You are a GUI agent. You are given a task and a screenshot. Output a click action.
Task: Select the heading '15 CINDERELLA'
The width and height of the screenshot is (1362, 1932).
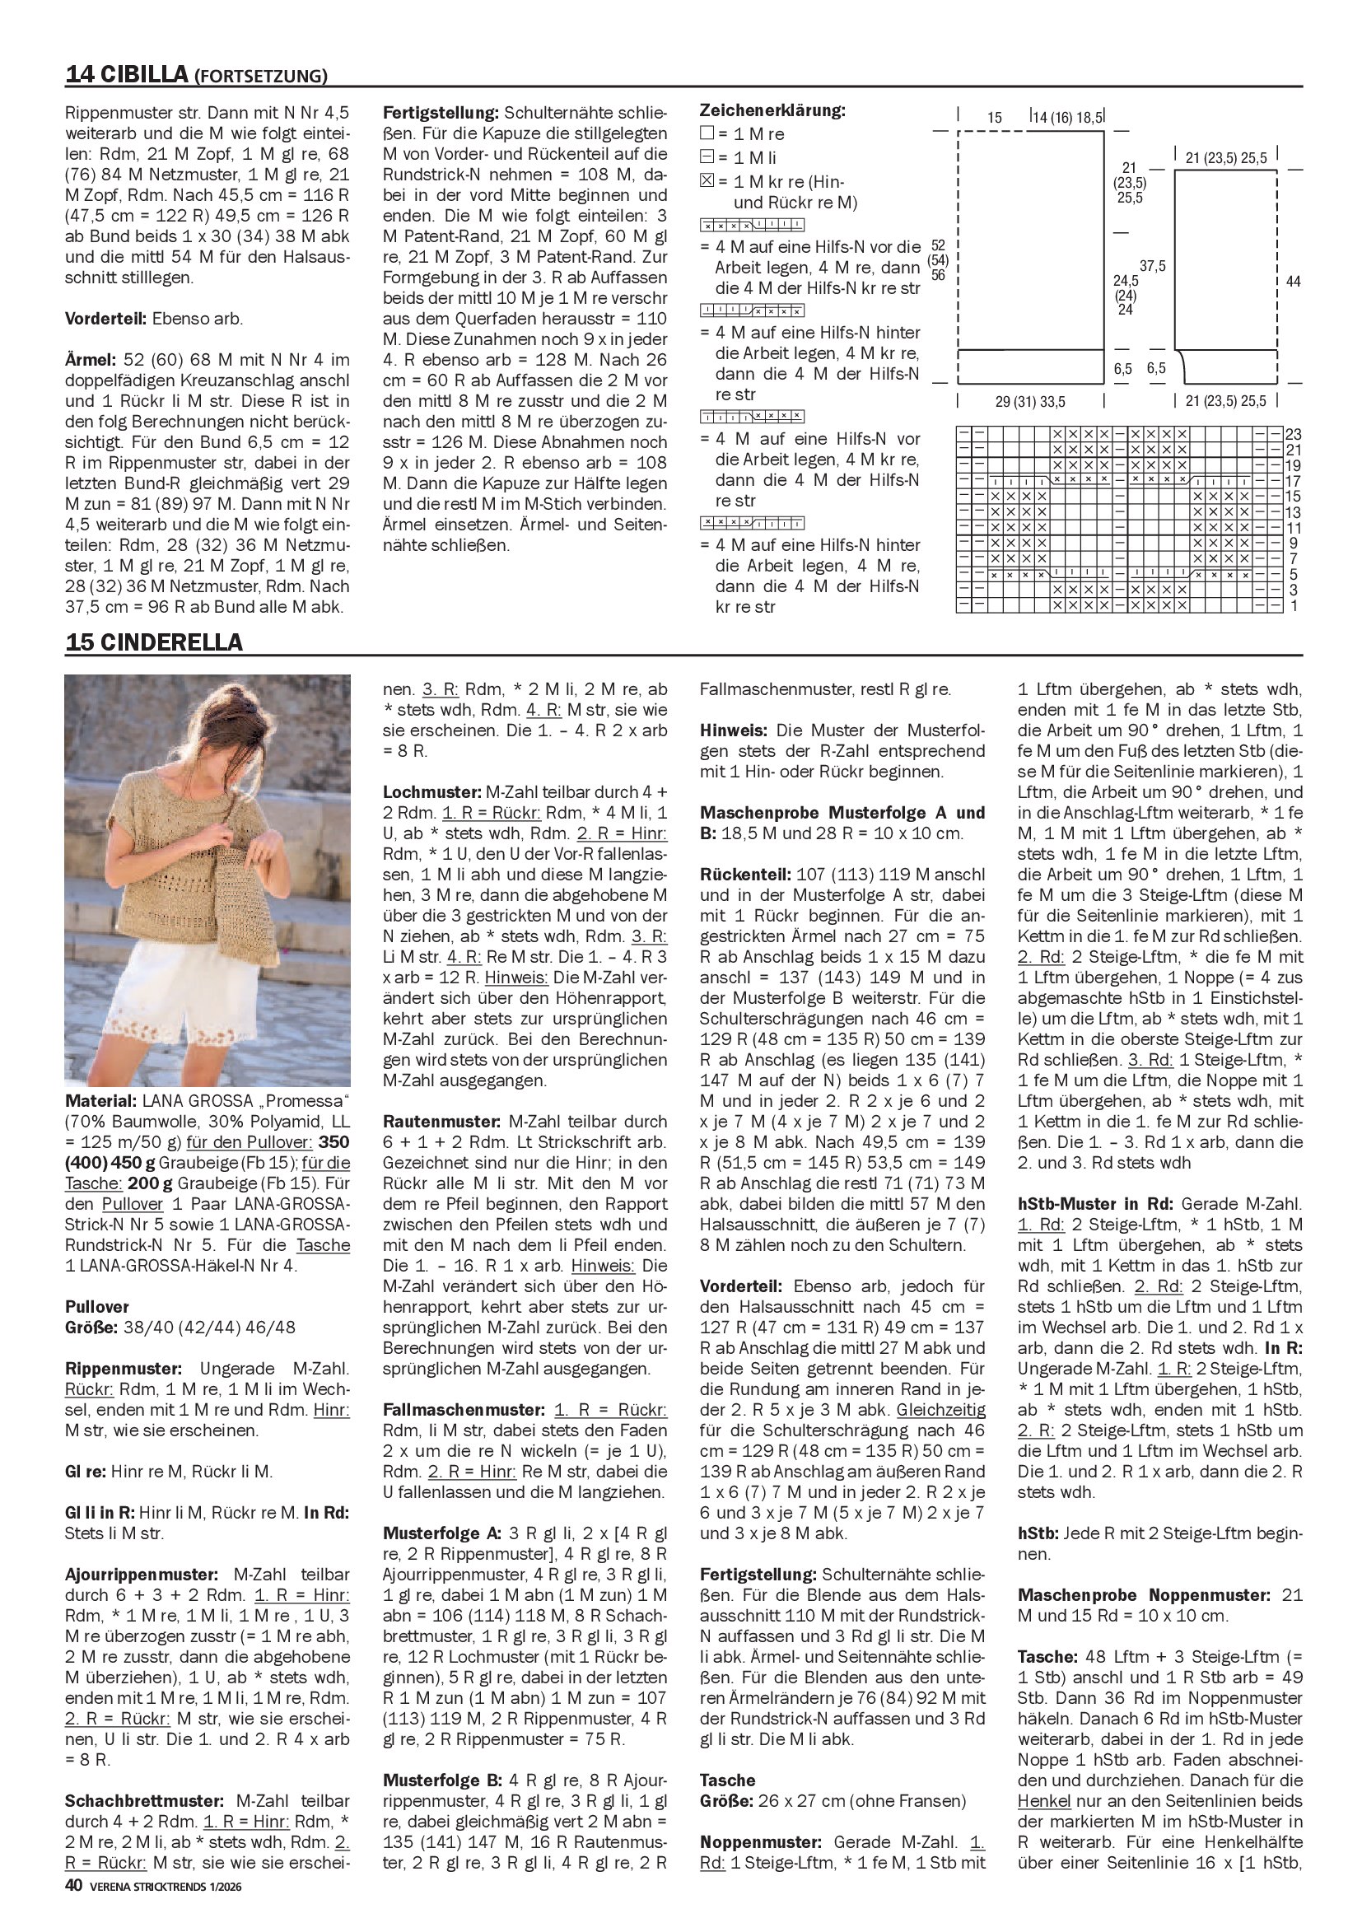pyautogui.click(x=153, y=642)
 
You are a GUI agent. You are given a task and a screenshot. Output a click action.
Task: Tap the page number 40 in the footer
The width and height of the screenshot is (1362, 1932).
pyautogui.click(x=73, y=1909)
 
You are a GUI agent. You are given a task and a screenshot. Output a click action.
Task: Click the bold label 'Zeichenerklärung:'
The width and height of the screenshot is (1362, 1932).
pyautogui.click(x=772, y=110)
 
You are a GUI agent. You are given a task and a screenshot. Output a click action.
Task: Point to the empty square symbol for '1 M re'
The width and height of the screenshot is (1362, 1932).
pyautogui.click(x=707, y=133)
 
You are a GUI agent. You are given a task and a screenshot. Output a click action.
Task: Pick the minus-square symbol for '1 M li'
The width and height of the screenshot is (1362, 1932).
pyautogui.click(x=707, y=157)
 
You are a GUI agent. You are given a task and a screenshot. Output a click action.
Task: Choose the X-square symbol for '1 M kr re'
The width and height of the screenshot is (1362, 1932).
pyautogui.click(x=707, y=181)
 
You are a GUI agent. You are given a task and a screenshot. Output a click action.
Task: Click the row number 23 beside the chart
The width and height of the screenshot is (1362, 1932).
pyautogui.click(x=1293, y=434)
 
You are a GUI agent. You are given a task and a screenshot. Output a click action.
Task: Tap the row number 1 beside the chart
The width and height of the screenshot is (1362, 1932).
pyautogui.click(x=1293, y=606)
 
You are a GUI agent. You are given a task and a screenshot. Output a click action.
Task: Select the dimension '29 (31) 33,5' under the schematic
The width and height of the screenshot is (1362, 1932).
pyautogui.click(x=1029, y=401)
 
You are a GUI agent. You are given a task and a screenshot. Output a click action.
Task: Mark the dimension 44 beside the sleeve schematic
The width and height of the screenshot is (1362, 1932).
pyautogui.click(x=1293, y=282)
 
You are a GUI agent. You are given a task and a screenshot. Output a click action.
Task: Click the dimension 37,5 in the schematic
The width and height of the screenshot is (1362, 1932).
pyautogui.click(x=1152, y=266)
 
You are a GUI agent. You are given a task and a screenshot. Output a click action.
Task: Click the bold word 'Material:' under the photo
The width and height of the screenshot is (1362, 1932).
pyautogui.click(x=100, y=1100)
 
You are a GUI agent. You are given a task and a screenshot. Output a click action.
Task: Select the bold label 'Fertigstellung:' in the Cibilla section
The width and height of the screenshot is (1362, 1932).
pyautogui.click(x=441, y=113)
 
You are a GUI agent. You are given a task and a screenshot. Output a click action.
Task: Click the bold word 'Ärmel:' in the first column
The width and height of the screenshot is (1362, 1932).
pyautogui.click(x=90, y=360)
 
